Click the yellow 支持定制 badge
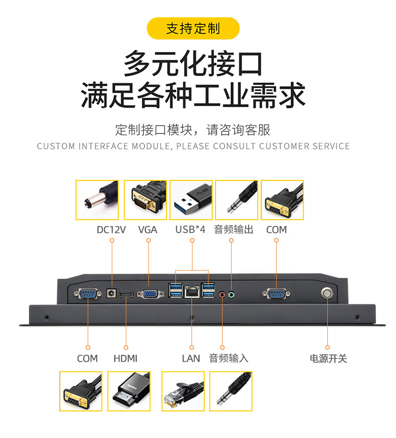(193, 28)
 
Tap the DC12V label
(111, 230)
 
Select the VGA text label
(148, 230)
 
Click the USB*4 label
(190, 230)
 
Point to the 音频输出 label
(234, 230)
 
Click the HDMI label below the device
(125, 358)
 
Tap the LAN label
(191, 358)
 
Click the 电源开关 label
(328, 358)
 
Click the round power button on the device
(327, 293)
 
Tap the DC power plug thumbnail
(97, 200)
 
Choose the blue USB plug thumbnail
(191, 200)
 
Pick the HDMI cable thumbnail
(129, 391)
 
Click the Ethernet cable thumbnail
(183, 391)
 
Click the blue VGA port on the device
(148, 294)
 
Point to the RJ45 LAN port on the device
(191, 291)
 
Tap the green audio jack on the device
(231, 295)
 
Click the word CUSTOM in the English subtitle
(55, 146)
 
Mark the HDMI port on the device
(126, 294)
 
